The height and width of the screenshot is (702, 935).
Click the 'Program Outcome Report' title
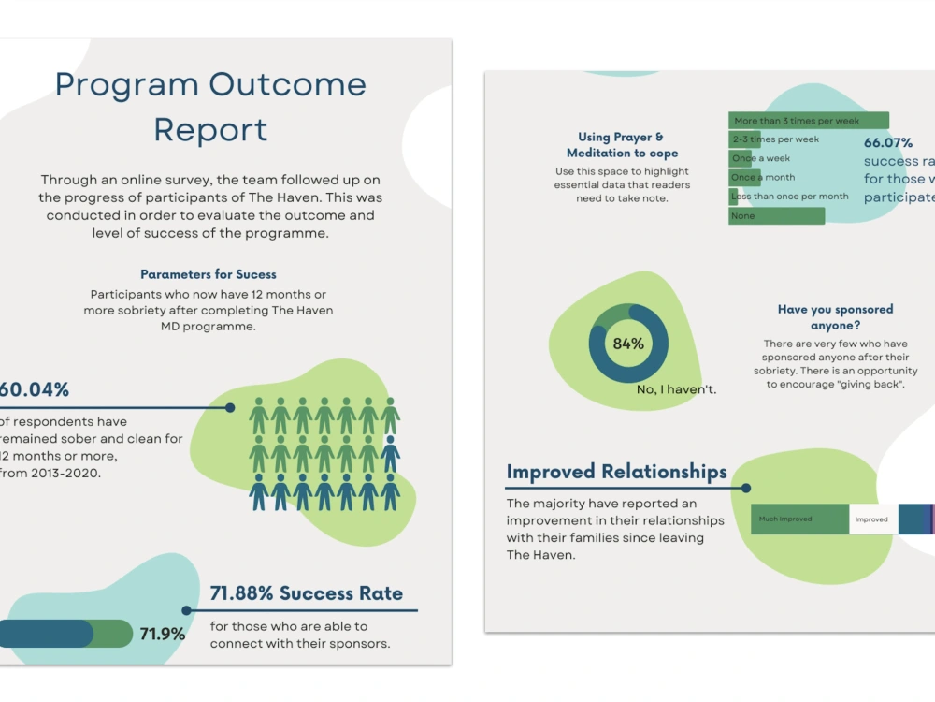(210, 107)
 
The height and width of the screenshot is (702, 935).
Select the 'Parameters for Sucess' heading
(209, 274)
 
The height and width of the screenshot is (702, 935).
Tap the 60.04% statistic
(35, 389)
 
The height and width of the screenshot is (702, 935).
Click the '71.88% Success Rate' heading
(307, 593)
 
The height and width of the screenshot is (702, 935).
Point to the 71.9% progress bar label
(162, 635)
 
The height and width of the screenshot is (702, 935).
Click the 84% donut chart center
(628, 344)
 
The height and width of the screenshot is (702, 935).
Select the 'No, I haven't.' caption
(676, 388)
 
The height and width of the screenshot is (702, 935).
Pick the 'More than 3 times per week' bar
(808, 121)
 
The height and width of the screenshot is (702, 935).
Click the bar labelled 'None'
(776, 216)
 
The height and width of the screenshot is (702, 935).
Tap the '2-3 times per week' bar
(775, 139)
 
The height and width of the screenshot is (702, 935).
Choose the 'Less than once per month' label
(791, 197)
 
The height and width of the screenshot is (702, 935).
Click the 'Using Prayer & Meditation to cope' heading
(622, 145)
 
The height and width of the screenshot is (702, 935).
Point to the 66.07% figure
(888, 143)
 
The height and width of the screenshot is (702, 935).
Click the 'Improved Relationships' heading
(616, 472)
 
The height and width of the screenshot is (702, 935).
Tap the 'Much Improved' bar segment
(799, 519)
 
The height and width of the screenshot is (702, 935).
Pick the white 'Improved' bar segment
(872, 519)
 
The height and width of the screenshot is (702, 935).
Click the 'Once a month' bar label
(763, 178)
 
